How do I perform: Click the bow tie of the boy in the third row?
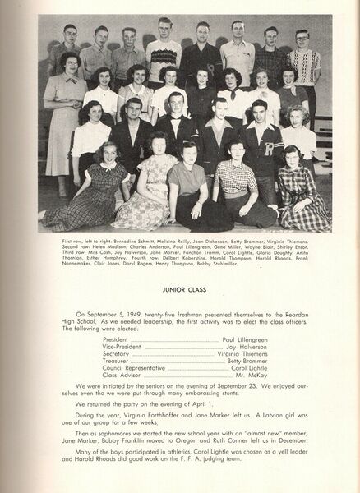coord(173,119)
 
